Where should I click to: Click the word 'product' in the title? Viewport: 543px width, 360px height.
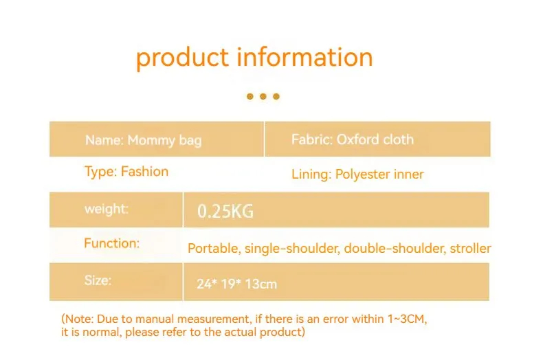[x=182, y=58]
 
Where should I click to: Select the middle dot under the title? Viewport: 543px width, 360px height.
[x=263, y=96]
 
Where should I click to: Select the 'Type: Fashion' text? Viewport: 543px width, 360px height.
[x=126, y=172]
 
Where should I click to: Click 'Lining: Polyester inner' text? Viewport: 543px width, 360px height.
[x=357, y=174]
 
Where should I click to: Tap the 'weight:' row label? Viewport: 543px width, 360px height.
[x=107, y=209]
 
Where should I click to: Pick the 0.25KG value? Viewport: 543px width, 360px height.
[x=225, y=211]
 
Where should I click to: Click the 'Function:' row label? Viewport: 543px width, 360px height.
[x=111, y=243]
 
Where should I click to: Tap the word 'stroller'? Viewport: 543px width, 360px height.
[x=470, y=248]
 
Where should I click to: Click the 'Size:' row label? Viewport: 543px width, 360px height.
[x=98, y=280]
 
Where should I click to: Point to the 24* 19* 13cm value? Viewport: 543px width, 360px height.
[x=237, y=284]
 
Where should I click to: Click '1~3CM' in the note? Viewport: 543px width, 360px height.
[x=406, y=319]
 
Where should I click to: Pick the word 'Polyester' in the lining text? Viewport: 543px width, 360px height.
[x=357, y=175]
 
